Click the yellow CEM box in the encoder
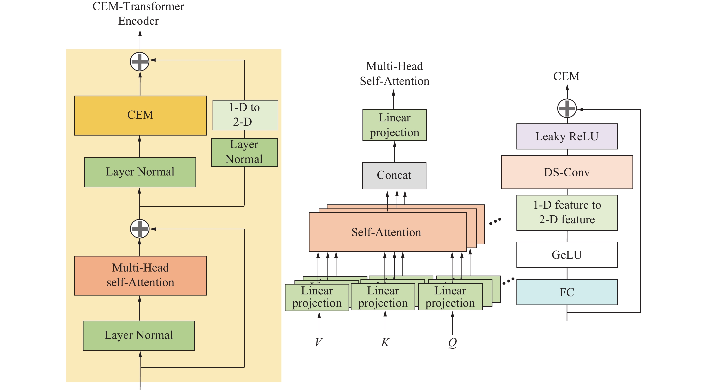coord(140,115)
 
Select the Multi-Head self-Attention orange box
coord(140,275)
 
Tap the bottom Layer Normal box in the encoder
coord(139,335)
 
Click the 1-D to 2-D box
coord(245,115)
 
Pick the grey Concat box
coord(394,175)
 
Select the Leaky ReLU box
coord(567,136)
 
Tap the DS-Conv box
coord(567,172)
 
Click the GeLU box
coord(567,254)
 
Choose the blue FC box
coord(567,292)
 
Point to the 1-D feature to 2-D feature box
coord(567,213)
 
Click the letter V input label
coord(319,342)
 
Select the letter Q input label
coord(452,342)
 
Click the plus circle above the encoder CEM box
coord(139,61)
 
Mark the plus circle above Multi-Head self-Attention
coord(139,229)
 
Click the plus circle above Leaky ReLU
coord(567,108)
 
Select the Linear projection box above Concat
coord(394,125)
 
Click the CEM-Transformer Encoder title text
coord(138,13)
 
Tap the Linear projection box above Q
coord(450,297)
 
